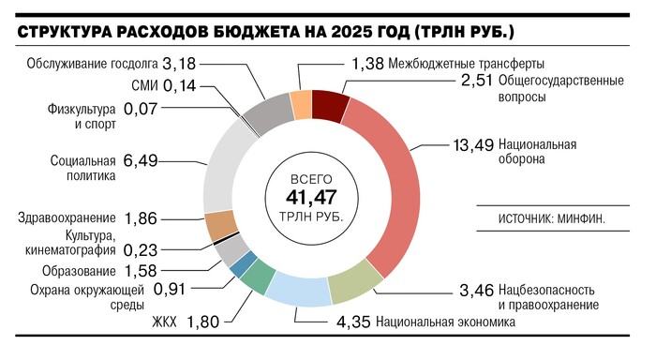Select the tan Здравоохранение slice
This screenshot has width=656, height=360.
click(x=220, y=225)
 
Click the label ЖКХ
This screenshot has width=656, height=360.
click(x=163, y=322)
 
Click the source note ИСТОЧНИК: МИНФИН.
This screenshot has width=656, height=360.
click(x=552, y=220)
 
